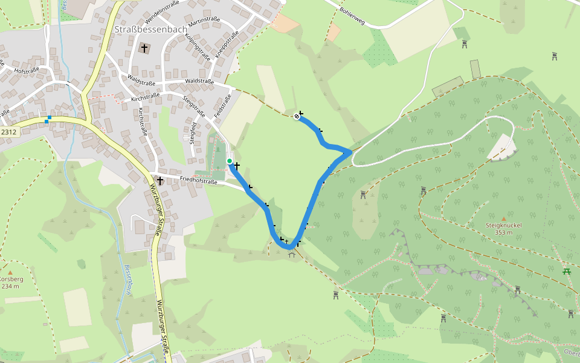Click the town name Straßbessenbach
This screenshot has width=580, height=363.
click(x=151, y=28)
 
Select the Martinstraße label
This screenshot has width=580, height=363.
click(x=204, y=21)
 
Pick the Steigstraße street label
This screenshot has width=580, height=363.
click(x=194, y=106)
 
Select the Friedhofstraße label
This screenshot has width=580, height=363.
click(x=198, y=180)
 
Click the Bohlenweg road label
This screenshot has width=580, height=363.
click(x=353, y=13)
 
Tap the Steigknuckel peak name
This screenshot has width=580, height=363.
click(x=503, y=226)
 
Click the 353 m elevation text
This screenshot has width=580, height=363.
click(x=503, y=232)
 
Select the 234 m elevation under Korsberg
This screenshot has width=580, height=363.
click(x=10, y=286)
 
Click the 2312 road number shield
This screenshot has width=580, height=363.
click(x=8, y=132)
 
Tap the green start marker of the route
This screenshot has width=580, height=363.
click(x=230, y=161)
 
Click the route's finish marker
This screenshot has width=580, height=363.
click(x=297, y=116)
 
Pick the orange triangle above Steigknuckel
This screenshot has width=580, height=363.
click(x=503, y=218)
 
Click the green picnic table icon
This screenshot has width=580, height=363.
click(x=567, y=271)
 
